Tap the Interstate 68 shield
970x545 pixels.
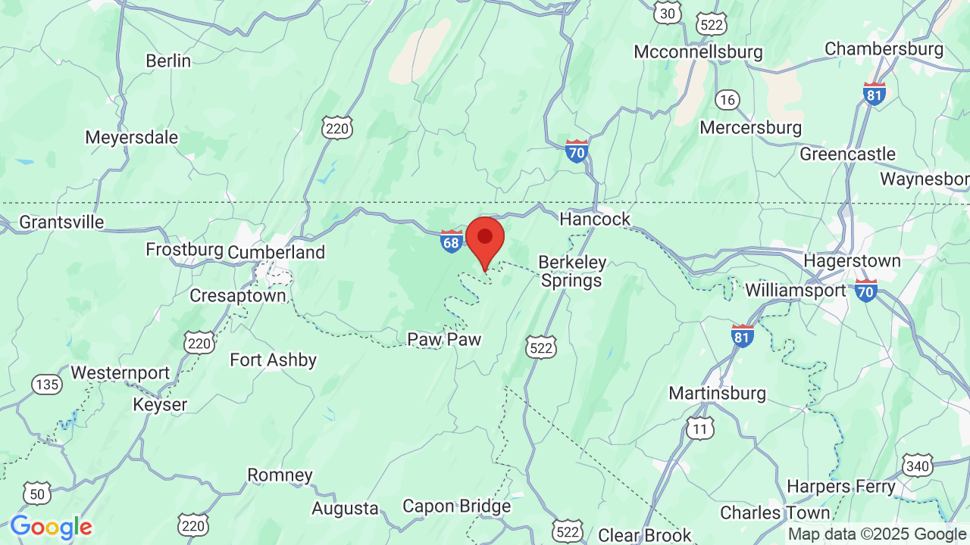click(x=452, y=241)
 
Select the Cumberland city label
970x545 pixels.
click(x=276, y=252)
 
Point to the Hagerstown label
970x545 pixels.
click(x=852, y=260)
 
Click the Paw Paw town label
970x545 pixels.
click(x=444, y=339)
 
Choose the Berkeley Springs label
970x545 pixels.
click(x=572, y=271)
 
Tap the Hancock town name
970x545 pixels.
click(x=595, y=219)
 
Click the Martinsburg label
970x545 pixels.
click(x=717, y=394)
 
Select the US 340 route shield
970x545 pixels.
click(x=917, y=466)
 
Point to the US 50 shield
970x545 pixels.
click(x=37, y=494)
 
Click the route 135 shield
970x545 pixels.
click(x=47, y=385)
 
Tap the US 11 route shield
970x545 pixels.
click(x=700, y=429)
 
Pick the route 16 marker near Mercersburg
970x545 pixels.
click(x=727, y=99)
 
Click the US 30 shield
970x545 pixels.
click(x=668, y=13)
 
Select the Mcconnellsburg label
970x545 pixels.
click(x=698, y=52)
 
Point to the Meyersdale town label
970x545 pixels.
click(x=132, y=138)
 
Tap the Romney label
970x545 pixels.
click(x=280, y=475)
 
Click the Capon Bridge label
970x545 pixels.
click(x=456, y=506)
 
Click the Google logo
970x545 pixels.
click(x=51, y=527)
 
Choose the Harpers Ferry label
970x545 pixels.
click(x=841, y=486)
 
